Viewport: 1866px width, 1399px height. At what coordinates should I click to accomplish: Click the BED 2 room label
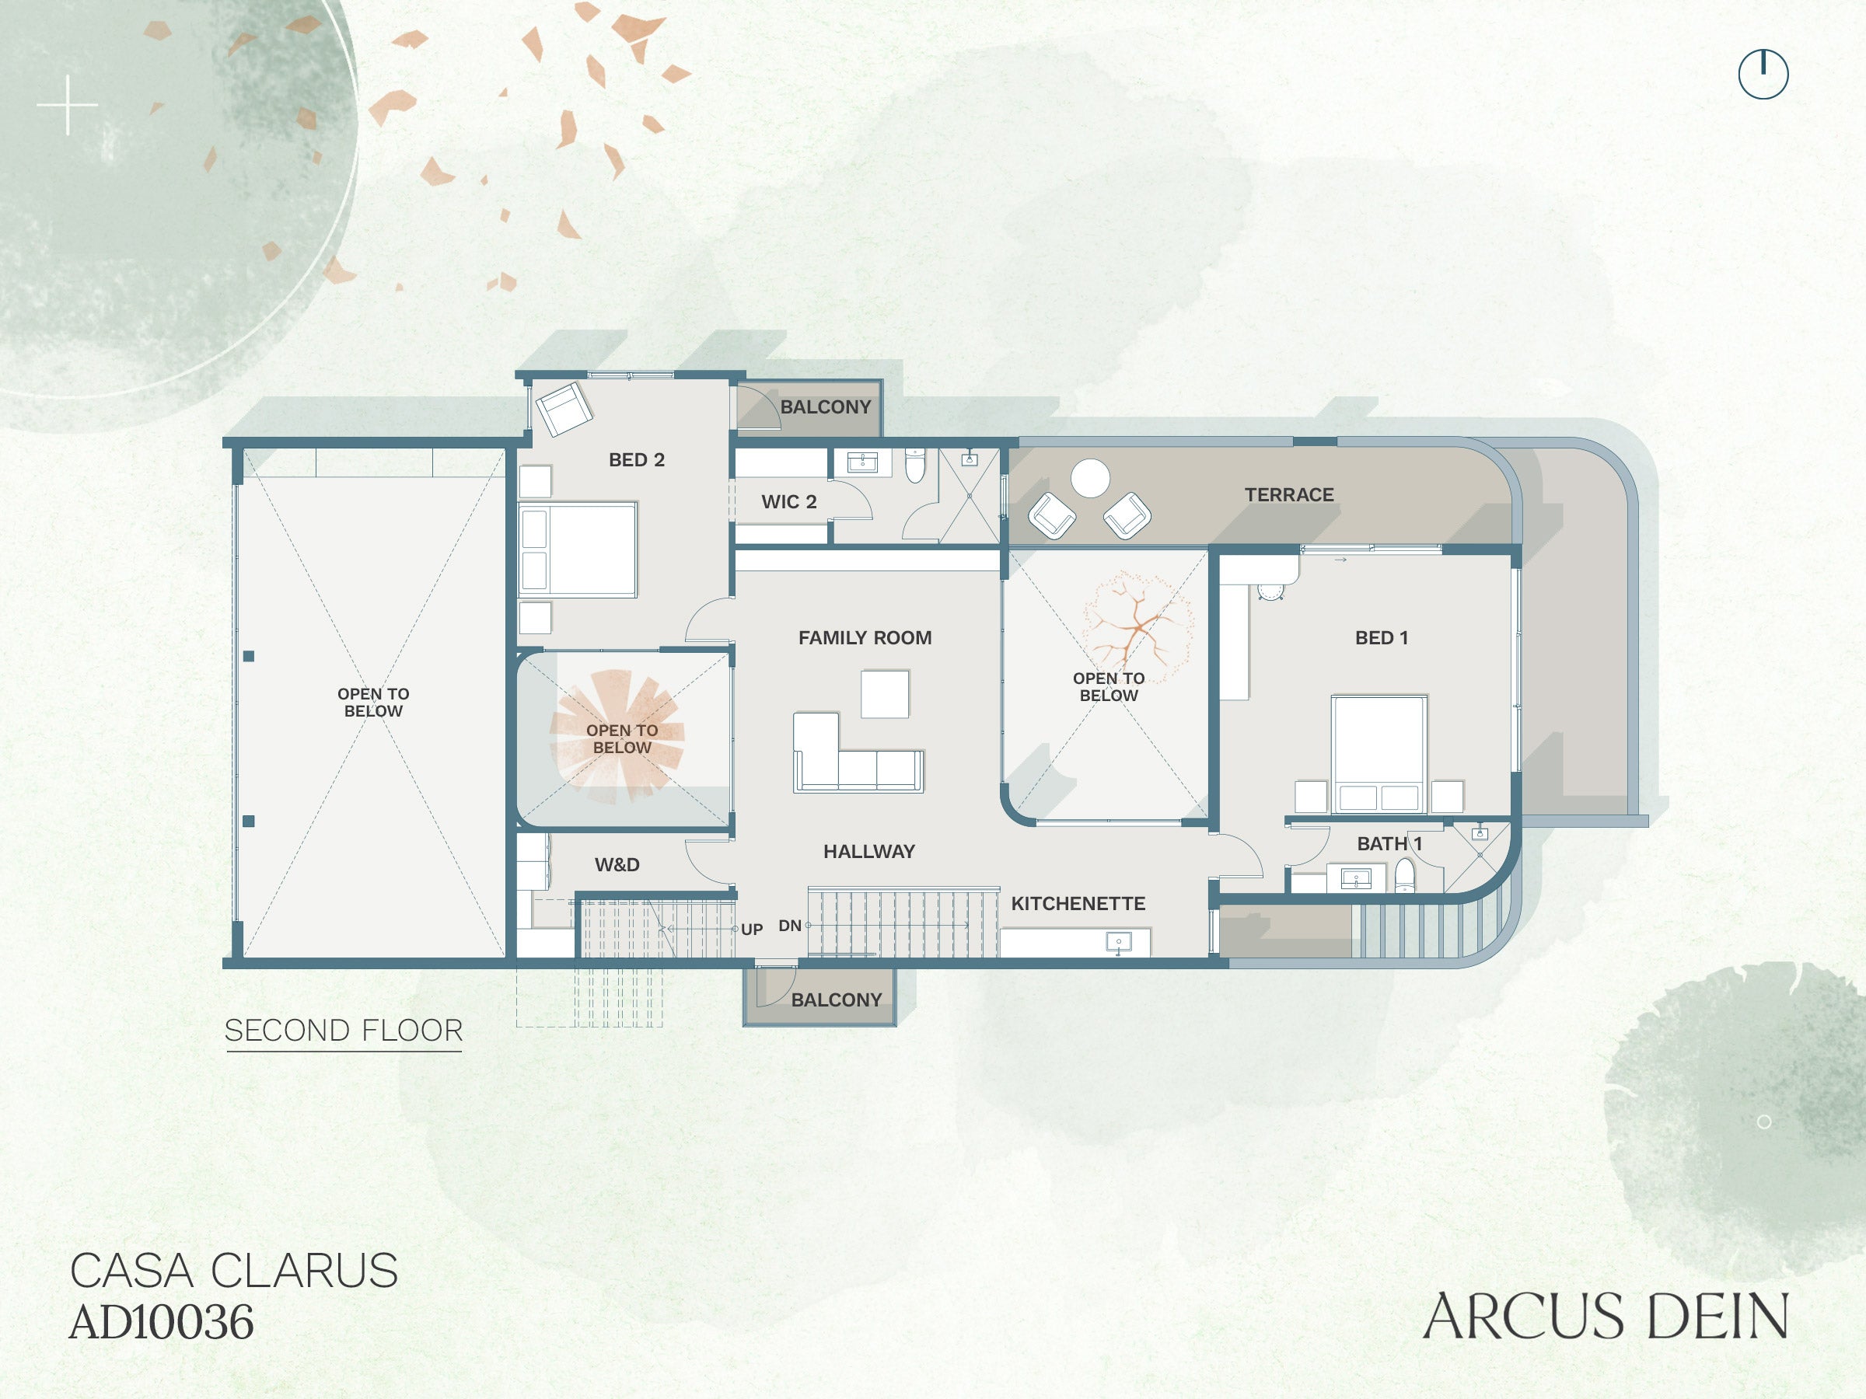pyautogui.click(x=636, y=459)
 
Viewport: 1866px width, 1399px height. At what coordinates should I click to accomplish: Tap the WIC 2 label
pyautogui.click(x=788, y=502)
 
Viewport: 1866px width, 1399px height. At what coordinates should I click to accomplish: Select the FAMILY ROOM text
pyautogui.click(x=865, y=637)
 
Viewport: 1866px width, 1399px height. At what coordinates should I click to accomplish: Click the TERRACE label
pyautogui.click(x=1288, y=495)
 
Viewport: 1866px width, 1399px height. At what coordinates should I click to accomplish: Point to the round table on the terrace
pyautogui.click(x=1090, y=478)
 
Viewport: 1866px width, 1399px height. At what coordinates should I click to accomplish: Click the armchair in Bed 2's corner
pyautogui.click(x=564, y=410)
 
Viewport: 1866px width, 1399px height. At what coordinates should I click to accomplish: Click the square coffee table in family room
pyautogui.click(x=884, y=693)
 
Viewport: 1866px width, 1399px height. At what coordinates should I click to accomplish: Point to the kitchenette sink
pyautogui.click(x=1118, y=942)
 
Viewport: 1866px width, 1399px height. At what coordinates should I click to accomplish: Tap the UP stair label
pyautogui.click(x=751, y=930)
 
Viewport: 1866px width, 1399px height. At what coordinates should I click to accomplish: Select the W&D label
pyautogui.click(x=617, y=864)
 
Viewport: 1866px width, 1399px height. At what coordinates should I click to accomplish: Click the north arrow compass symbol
pyautogui.click(x=1763, y=74)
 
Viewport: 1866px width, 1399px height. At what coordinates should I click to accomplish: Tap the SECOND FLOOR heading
pyautogui.click(x=344, y=1031)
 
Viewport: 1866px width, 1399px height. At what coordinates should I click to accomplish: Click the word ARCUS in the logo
pyautogui.click(x=1521, y=1317)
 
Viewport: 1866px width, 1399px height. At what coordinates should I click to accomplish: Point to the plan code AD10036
pyautogui.click(x=161, y=1321)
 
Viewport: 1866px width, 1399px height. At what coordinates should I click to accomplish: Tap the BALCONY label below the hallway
pyautogui.click(x=835, y=1000)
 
